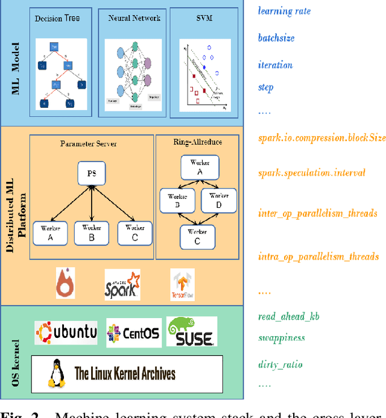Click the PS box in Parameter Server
(91, 174)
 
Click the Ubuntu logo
(66, 332)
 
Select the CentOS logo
(134, 332)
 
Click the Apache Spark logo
(122, 284)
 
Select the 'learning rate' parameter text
(283, 10)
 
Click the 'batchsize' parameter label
(276, 37)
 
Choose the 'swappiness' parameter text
(281, 338)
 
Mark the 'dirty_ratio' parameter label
(280, 364)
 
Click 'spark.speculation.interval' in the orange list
(311, 173)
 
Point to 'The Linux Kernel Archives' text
(125, 373)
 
